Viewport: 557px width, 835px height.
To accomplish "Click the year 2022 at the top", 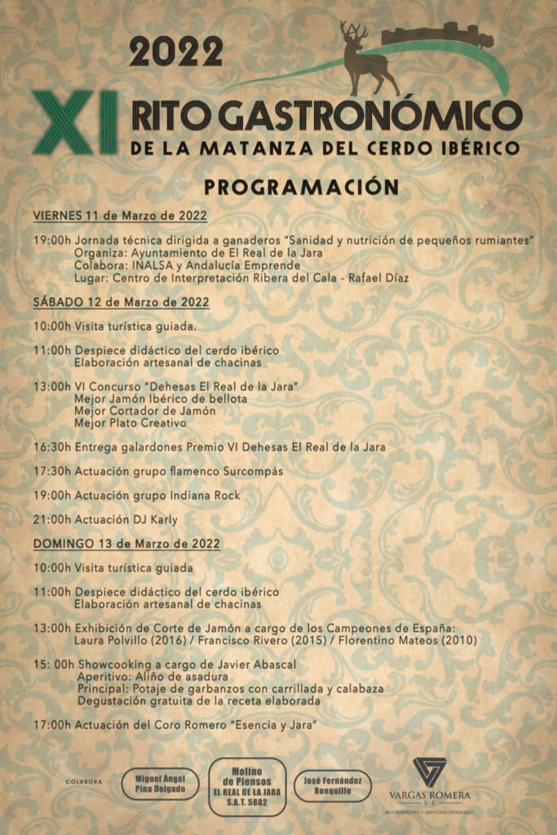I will tap(175, 53).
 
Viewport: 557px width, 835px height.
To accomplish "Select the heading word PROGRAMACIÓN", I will tap(301, 187).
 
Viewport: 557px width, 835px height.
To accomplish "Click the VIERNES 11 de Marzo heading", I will tap(120, 216).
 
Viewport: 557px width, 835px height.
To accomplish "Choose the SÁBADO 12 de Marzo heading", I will tap(122, 302).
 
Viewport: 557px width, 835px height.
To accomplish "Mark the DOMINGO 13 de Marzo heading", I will tap(126, 543).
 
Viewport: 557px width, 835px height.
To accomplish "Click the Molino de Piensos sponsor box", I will tap(248, 786).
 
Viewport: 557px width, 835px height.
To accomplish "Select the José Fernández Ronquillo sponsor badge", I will tap(332, 785).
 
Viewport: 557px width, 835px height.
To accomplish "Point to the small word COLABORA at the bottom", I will tap(84, 782).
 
